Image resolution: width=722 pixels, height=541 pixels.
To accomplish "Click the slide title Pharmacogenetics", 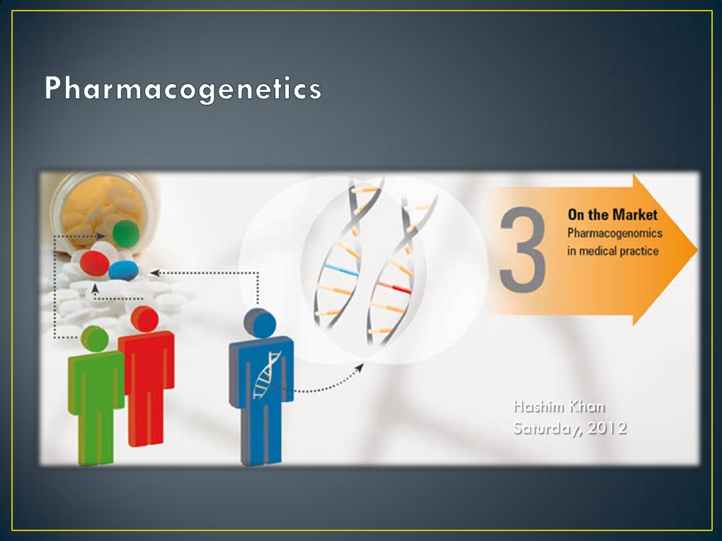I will click(183, 89).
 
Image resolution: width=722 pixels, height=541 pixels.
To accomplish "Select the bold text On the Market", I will click(612, 215).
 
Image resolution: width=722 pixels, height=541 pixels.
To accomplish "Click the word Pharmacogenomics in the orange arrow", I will click(614, 233).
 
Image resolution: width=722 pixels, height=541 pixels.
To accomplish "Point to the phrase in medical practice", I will click(613, 250).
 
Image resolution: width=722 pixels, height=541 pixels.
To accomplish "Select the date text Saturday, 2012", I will click(570, 428).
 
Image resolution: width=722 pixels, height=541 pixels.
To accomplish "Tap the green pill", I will click(125, 234).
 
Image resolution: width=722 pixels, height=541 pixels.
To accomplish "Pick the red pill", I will click(94, 263).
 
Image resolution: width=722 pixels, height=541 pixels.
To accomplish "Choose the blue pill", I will click(124, 269).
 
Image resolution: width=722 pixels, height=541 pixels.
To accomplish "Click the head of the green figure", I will click(94, 339).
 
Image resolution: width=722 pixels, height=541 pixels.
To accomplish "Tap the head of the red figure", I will click(144, 319).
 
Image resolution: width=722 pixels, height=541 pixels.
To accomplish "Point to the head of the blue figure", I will click(260, 324).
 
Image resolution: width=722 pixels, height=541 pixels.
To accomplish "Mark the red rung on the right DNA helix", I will click(394, 287).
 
